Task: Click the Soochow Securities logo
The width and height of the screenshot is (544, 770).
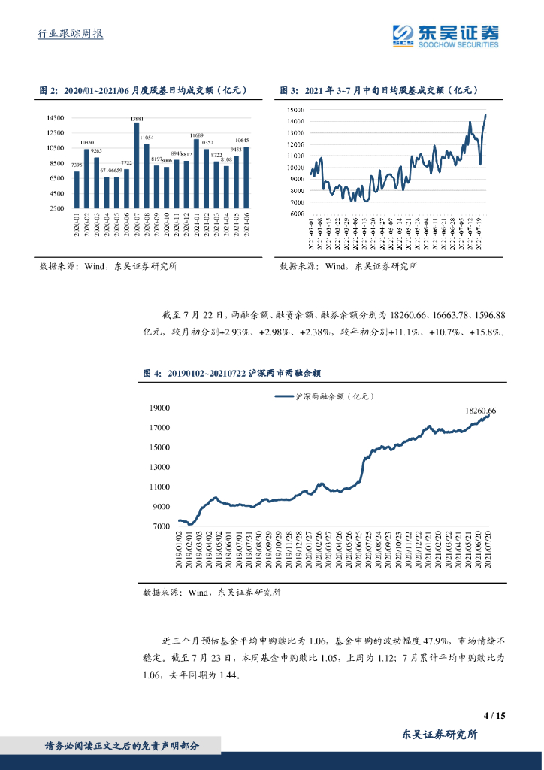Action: (446, 35)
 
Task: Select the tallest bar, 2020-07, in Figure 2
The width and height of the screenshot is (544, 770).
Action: (137, 165)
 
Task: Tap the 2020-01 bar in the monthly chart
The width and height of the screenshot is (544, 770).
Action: (77, 189)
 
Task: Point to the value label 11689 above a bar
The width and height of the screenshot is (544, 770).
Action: (197, 135)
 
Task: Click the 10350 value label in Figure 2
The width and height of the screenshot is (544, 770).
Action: (86, 142)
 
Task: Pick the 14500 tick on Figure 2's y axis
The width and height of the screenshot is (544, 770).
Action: (55, 118)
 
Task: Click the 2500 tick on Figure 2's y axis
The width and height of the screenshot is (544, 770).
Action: (56, 208)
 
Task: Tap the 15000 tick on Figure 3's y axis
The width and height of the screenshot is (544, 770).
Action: (295, 110)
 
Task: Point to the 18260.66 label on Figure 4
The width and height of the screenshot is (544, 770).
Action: (481, 411)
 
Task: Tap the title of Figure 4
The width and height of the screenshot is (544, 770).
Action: (232, 372)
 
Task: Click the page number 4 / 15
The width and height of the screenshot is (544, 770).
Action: (494, 715)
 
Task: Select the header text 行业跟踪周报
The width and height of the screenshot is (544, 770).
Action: (70, 34)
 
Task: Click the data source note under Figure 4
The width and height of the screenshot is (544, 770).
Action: (212, 593)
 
